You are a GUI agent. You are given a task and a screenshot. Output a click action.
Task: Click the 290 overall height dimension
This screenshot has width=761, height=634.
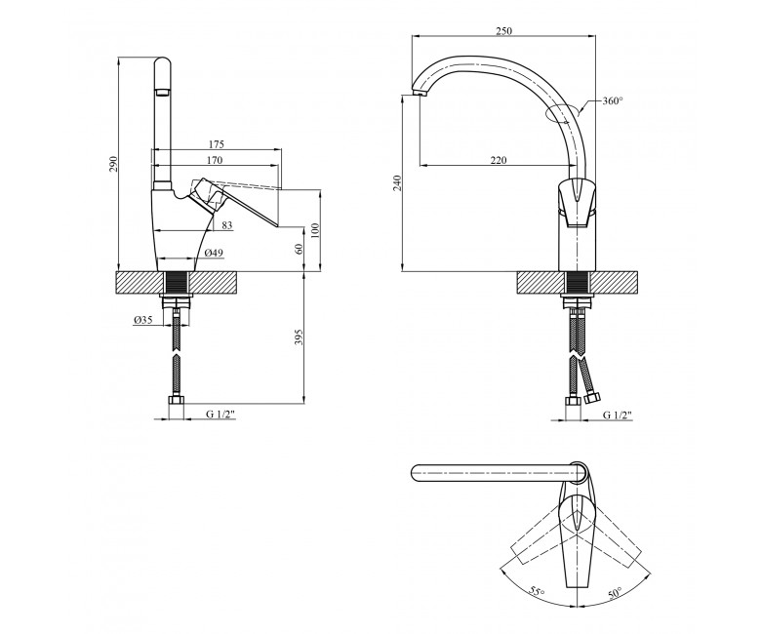113,166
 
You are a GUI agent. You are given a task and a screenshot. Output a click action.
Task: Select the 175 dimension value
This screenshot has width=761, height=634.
217,144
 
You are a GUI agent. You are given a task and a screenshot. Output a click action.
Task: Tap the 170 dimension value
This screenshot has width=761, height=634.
214,160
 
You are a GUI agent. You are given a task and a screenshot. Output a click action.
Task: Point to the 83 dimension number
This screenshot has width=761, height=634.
227,225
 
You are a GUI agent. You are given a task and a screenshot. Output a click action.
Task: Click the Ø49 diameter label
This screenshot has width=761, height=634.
214,253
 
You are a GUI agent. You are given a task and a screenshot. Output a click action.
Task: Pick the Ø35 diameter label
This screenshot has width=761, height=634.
142,320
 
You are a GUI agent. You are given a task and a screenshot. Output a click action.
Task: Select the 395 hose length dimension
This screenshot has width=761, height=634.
299,337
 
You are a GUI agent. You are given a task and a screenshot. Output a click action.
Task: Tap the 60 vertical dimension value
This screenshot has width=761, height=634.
299,249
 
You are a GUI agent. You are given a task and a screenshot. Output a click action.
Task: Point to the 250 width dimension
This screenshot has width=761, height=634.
503,31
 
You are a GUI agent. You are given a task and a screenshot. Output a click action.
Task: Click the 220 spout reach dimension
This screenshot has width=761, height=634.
498,160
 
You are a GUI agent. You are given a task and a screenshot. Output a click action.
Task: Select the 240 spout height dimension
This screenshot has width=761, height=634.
397,182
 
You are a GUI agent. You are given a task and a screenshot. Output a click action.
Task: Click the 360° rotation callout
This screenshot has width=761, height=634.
613,100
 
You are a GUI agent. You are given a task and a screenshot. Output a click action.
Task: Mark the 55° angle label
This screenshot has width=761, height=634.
538,593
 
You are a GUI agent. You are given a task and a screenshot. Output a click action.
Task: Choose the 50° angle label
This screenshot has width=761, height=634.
615,592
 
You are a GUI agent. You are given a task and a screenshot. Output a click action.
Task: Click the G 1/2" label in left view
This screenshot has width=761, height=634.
220,414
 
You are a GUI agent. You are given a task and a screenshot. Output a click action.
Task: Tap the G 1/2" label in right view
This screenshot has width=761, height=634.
618,415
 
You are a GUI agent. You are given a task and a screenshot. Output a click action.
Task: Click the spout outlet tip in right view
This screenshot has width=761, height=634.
418,92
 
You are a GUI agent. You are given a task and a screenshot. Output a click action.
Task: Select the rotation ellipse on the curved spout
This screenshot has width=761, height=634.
563,114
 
